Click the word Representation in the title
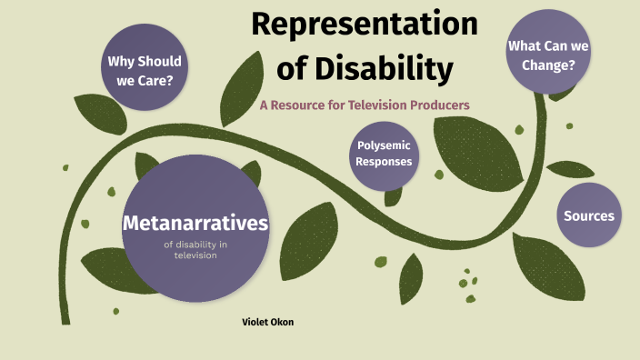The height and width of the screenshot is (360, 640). click(x=364, y=25)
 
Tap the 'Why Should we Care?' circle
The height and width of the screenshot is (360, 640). click(x=145, y=71)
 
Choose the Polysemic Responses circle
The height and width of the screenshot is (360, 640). click(x=385, y=154)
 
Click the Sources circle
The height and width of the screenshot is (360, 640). click(x=588, y=215)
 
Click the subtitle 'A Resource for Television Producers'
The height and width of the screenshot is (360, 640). click(x=364, y=105)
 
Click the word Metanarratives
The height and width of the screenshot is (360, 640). click(x=195, y=223)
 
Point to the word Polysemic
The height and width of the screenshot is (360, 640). click(x=385, y=145)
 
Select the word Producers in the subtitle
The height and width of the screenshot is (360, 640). click(x=440, y=105)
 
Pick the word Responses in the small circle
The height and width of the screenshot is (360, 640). click(x=385, y=162)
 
